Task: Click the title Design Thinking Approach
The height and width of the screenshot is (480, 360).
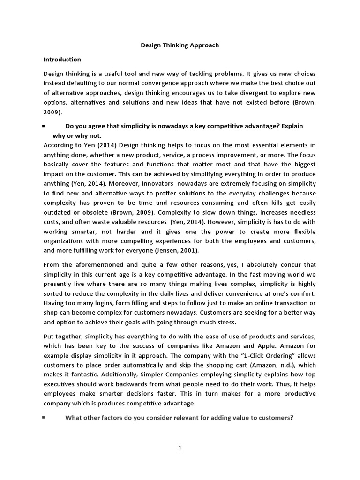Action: pyautogui.click(x=180, y=45)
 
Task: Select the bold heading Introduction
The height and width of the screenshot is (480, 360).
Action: pyautogui.click(x=62, y=60)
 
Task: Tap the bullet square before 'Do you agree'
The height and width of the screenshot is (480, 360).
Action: pyautogui.click(x=44, y=126)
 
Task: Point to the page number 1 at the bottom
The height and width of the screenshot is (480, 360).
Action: pyautogui.click(x=180, y=448)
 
